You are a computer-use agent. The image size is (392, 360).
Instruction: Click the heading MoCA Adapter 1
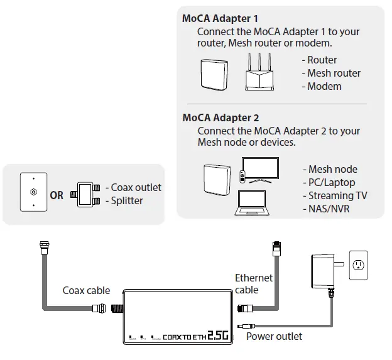coord(220,19)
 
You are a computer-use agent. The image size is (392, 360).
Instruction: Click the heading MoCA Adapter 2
coord(220,117)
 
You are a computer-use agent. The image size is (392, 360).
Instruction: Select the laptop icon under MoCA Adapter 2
coord(251,202)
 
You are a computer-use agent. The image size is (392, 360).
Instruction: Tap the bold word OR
coord(57,195)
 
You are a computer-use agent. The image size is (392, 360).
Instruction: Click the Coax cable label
coord(86,290)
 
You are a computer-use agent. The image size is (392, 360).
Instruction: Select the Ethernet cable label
coord(253,283)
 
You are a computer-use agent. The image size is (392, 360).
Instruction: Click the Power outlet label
coord(274,336)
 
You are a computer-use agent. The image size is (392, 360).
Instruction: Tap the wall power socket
coord(359,265)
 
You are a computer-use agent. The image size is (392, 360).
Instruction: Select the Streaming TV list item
coord(337,195)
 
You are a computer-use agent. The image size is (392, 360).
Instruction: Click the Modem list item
coord(324,86)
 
